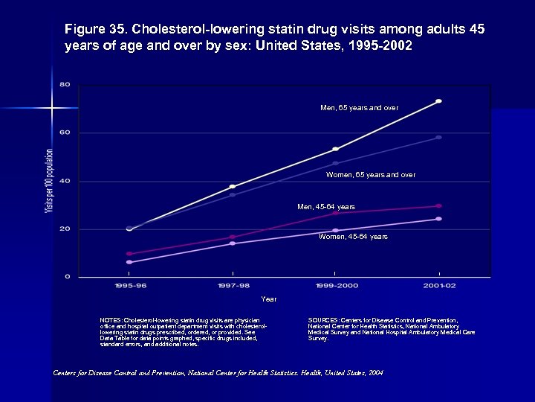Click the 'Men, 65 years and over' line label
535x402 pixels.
point(359,108)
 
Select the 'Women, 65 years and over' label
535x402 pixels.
point(370,175)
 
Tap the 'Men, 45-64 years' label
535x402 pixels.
point(326,206)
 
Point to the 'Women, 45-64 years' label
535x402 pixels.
point(353,237)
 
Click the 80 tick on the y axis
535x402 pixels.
point(65,85)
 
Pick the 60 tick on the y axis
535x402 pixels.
point(65,133)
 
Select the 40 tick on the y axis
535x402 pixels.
point(65,181)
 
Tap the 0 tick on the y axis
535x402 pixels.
point(68,277)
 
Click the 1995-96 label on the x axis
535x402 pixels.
point(129,286)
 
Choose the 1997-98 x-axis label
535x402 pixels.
point(233,286)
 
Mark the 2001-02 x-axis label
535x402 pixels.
point(438,286)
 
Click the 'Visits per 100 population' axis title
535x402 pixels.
point(49,181)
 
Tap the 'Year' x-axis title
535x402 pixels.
point(269,299)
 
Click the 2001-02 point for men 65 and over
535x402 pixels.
point(438,101)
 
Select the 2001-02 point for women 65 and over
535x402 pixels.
point(438,138)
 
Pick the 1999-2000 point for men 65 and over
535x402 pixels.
point(335,150)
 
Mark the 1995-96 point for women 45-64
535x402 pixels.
point(129,262)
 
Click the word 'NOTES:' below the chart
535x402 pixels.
point(111,320)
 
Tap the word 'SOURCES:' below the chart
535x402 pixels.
point(323,320)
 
